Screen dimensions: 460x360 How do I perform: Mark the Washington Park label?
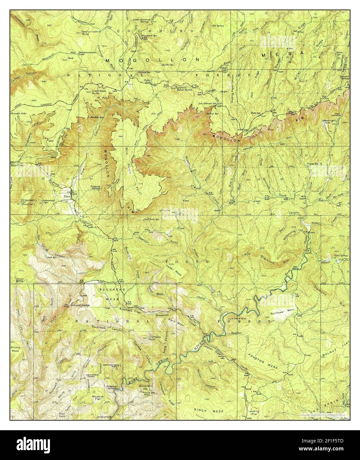tap(333, 122)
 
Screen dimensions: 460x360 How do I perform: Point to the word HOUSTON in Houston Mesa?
tap(259, 361)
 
